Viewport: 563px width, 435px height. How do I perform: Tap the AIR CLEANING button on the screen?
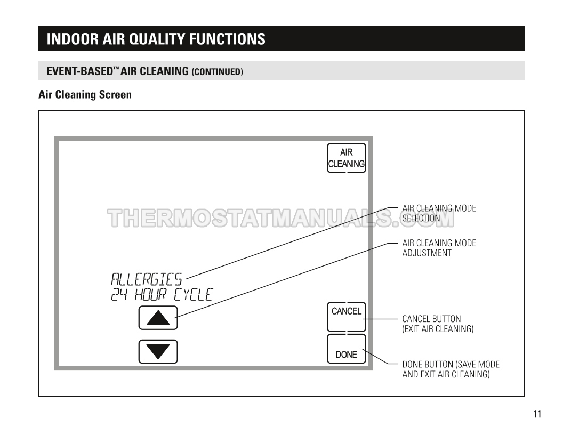click(346, 158)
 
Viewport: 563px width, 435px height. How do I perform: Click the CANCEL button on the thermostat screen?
click(346, 317)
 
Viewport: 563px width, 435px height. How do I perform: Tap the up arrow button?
click(158, 318)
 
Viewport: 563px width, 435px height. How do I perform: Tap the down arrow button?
click(158, 351)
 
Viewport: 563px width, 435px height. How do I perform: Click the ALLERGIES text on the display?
click(147, 279)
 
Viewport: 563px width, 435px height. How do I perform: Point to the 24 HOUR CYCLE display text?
click(162, 294)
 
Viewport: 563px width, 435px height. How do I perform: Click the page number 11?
click(537, 414)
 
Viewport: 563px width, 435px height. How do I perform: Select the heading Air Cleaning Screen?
click(85, 95)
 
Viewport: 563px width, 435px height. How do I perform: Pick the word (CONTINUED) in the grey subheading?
click(217, 72)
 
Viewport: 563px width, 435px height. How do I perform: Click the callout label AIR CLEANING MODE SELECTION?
click(439, 213)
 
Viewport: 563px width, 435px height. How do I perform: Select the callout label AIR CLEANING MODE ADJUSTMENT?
click(439, 248)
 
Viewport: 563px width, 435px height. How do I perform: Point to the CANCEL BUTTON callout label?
click(438, 324)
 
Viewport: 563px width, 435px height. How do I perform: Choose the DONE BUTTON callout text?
click(451, 369)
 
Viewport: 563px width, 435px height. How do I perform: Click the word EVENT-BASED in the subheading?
click(80, 71)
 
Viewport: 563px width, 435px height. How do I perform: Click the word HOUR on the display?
click(150, 294)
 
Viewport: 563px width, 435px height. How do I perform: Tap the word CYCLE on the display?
click(193, 294)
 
